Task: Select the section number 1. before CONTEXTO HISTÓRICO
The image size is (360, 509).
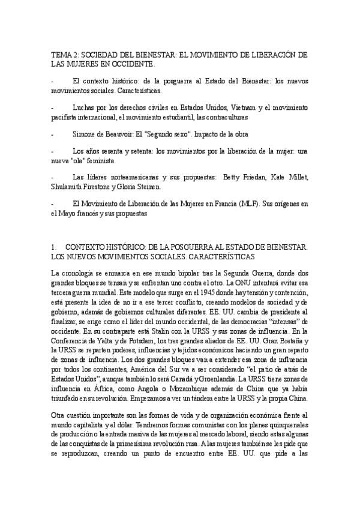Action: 55,247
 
